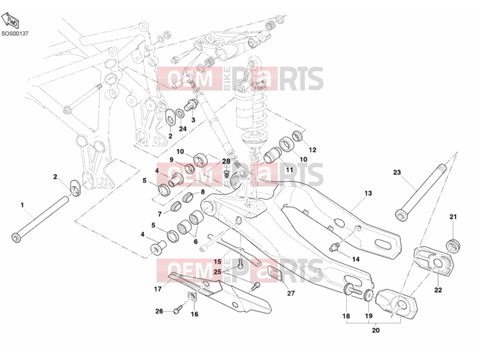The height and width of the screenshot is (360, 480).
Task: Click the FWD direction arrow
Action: tap(10, 21)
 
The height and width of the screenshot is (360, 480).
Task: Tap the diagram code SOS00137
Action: tap(14, 34)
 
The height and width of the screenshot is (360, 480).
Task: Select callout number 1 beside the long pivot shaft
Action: tap(22, 205)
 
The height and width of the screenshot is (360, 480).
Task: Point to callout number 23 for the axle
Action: tap(397, 172)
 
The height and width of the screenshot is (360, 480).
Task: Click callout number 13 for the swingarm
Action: tap(368, 193)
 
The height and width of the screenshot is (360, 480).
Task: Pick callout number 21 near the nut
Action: tap(453, 217)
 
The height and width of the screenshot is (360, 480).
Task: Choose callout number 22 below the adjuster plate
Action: tap(438, 290)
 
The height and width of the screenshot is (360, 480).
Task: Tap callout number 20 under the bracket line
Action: tap(376, 331)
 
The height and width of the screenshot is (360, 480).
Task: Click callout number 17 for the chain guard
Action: tap(158, 289)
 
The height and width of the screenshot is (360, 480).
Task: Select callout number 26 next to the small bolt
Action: tap(159, 311)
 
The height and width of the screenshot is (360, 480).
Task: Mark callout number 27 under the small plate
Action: tap(291, 293)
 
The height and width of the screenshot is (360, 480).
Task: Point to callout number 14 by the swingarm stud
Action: tap(356, 259)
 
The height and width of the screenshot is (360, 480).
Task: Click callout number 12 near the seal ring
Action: tap(312, 150)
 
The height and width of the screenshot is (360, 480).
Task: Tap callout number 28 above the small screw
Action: tap(226, 161)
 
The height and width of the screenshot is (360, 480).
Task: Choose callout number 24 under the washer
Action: tap(183, 129)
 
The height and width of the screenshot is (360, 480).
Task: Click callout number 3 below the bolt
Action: tap(193, 119)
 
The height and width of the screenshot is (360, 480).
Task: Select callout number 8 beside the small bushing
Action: tap(203, 192)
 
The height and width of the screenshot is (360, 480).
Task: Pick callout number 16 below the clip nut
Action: tap(194, 314)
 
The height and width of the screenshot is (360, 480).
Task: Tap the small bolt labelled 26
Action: tap(178, 310)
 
